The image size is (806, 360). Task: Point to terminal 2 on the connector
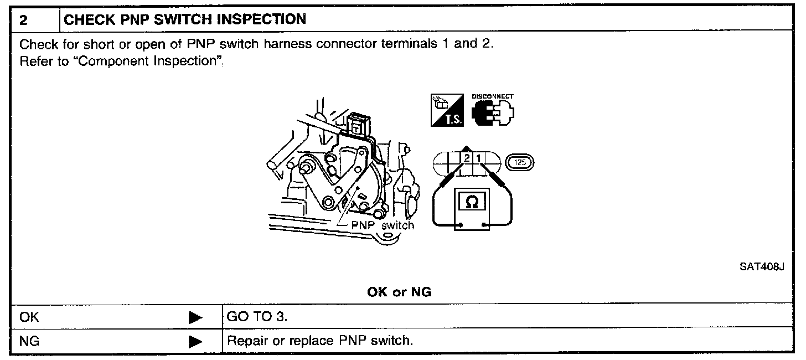click(x=467, y=159)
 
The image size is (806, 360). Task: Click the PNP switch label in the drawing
click(x=383, y=225)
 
